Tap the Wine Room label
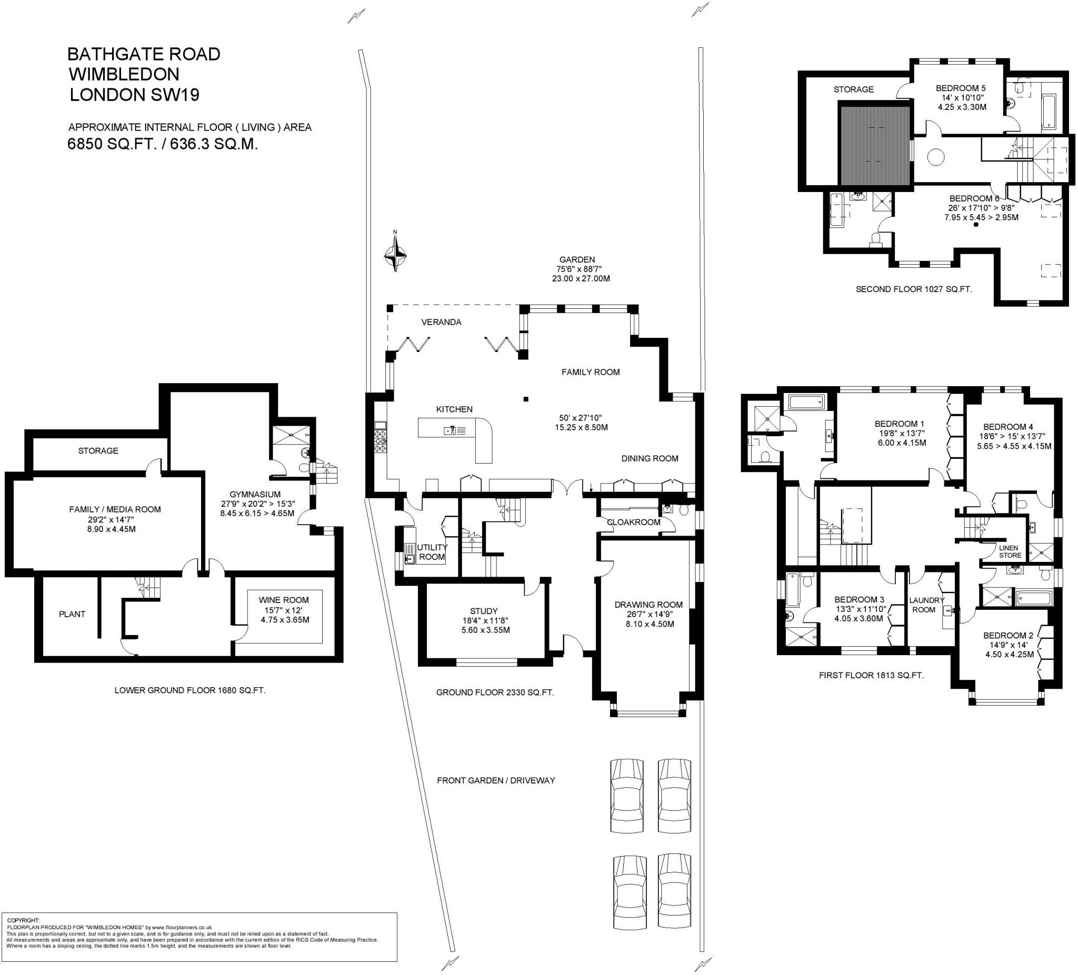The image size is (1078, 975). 283,600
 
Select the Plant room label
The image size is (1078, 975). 72,614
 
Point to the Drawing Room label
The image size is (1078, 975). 648,605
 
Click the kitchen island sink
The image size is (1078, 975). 448,430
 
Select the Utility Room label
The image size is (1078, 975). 432,551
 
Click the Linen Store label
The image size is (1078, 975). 1010,551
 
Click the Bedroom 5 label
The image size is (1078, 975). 961,88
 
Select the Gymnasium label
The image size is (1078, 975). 255,495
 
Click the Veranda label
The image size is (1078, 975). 441,322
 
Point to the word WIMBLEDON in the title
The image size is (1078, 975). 124,74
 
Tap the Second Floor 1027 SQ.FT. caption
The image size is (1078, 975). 913,289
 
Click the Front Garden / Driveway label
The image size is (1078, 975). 496,780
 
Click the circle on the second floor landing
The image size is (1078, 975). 935,157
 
